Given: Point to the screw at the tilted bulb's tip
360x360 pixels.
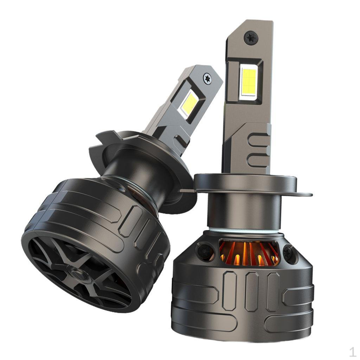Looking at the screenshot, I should coord(207,77).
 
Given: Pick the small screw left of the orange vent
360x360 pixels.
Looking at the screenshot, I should coord(203,250).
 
